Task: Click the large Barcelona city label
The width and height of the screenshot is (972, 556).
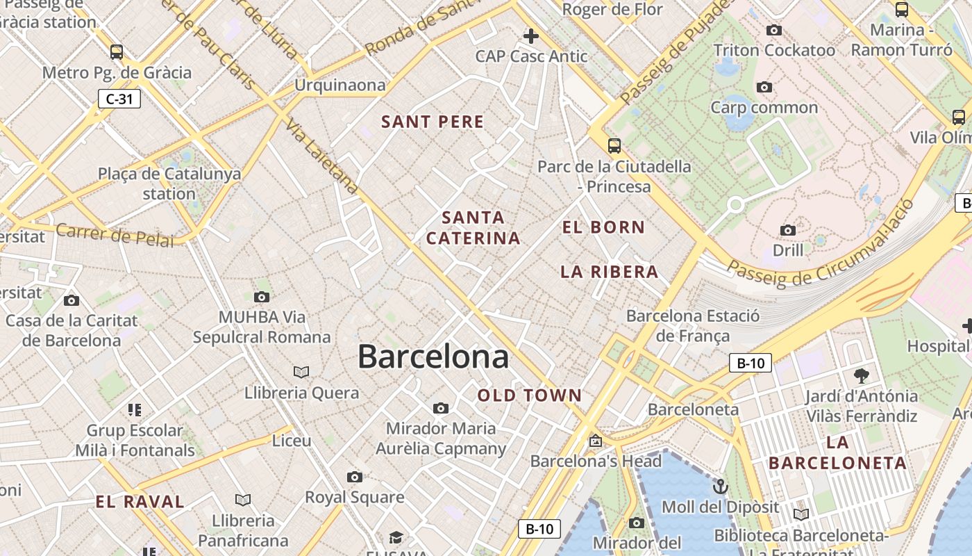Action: coord(433,357)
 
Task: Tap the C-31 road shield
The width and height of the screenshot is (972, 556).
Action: coord(119,99)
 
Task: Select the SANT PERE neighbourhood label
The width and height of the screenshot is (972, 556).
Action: coord(433,122)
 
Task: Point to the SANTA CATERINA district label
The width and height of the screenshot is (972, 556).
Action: coord(474,228)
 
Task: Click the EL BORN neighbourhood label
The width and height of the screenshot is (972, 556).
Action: coord(603,227)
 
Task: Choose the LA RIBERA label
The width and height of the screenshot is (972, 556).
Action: coord(609,272)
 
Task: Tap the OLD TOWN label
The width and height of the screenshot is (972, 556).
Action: coord(530,395)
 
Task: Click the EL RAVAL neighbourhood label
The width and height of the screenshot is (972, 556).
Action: coord(140,502)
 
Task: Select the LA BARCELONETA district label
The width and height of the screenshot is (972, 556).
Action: coord(838,452)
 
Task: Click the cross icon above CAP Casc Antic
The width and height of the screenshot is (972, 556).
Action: coord(531,36)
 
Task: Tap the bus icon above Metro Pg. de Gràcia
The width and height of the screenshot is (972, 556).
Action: coord(117,51)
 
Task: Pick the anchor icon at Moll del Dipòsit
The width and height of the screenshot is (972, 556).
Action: coord(720,486)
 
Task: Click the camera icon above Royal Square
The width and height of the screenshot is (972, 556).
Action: coord(355,477)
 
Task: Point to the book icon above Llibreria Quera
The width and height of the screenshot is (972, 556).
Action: coord(301,372)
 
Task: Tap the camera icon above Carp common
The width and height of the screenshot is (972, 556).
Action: coord(764,87)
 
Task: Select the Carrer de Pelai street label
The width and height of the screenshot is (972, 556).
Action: coord(115,235)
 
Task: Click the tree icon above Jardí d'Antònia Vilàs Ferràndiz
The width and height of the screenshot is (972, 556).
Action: coord(862,376)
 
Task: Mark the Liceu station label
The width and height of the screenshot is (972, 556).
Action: coord(292,440)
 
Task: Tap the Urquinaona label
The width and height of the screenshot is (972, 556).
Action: coord(340,85)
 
